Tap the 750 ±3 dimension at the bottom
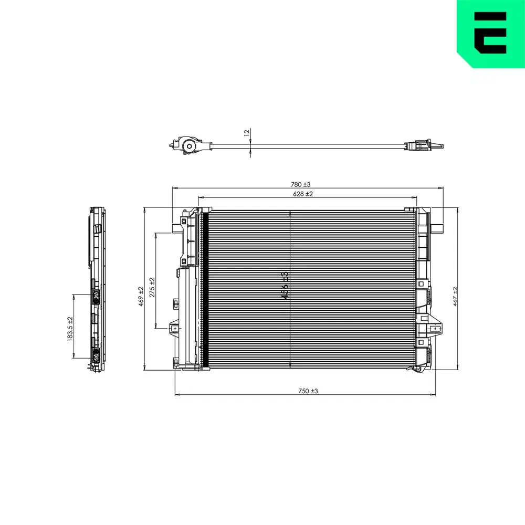308,391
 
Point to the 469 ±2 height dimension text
141,296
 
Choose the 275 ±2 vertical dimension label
152,288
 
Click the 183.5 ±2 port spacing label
70,329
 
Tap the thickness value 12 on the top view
247,133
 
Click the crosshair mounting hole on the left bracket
173,329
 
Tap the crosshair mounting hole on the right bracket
434,329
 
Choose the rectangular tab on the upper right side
438,227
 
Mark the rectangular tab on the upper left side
174,227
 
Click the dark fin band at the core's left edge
205,289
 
